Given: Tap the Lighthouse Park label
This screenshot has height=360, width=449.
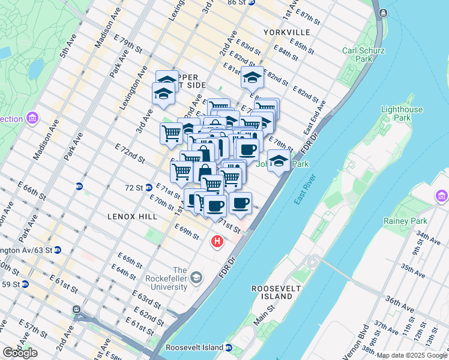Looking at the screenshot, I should pyautogui.click(x=402, y=114).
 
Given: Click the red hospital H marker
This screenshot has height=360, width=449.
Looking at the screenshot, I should pyautogui.click(x=217, y=242).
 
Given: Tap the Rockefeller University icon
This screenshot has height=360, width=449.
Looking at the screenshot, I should pyautogui.click(x=197, y=277).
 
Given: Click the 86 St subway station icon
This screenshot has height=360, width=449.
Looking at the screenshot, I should pyautogui.click(x=252, y=2).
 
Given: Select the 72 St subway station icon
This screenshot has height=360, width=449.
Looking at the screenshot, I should pyautogui.click(x=148, y=187).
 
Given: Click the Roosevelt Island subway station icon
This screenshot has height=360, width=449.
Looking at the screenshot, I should pyautogui.click(x=229, y=347).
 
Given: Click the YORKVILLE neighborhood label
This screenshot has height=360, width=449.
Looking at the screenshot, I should pyautogui.click(x=286, y=32).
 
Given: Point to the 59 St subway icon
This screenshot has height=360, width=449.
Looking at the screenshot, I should pyautogui.click(x=25, y=284).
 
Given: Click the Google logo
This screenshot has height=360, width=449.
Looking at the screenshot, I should pyautogui.click(x=19, y=353).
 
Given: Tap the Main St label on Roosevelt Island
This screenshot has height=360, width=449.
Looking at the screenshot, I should pyautogui.click(x=264, y=315).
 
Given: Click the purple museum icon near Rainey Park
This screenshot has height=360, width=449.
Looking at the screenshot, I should pyautogui.click(x=442, y=196).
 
